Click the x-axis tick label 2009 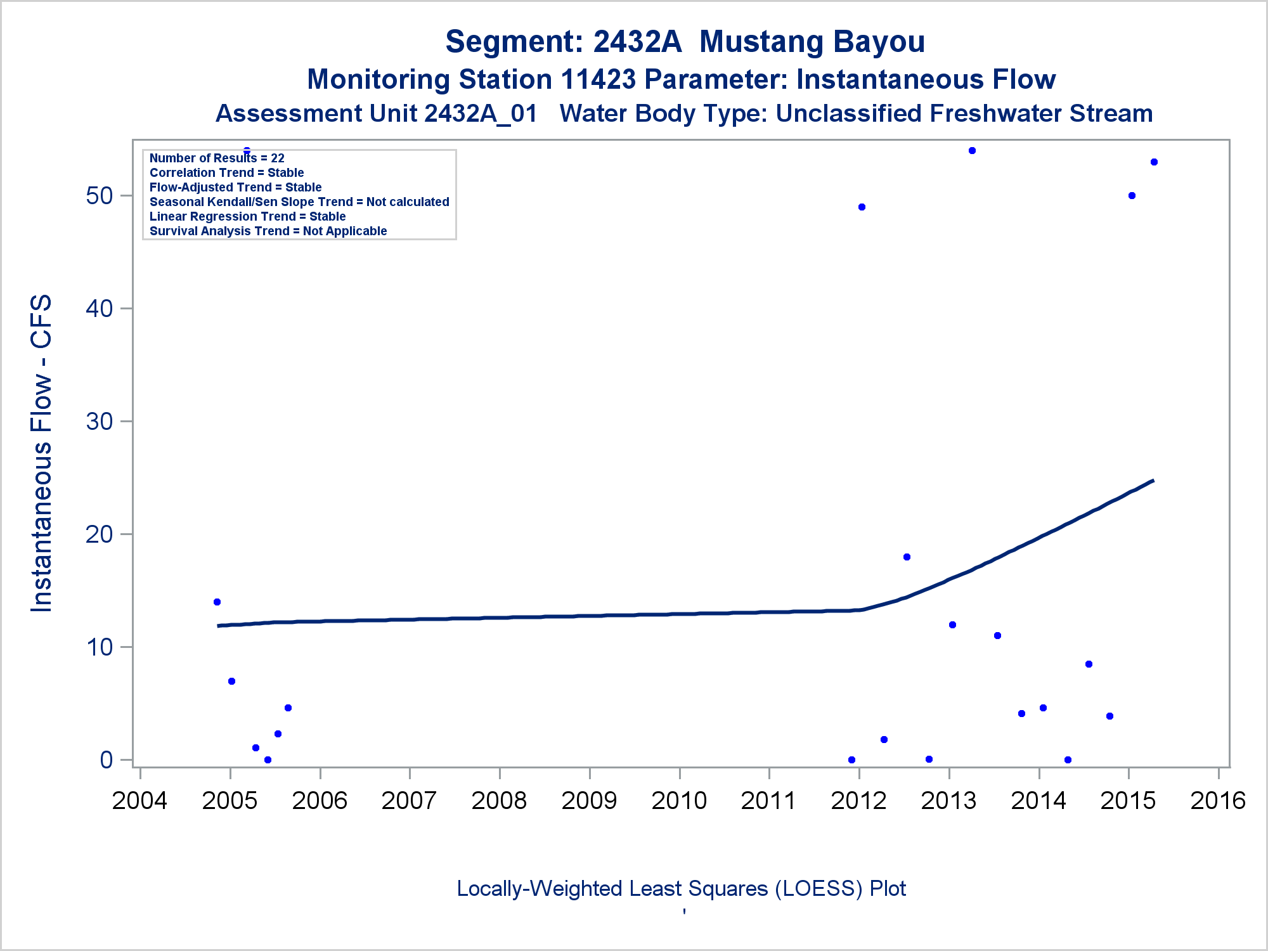589,801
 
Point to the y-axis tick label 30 100,421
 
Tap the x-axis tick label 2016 1218,801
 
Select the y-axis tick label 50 100,195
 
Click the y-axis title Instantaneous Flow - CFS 42,453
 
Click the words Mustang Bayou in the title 812,42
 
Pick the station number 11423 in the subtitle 598,80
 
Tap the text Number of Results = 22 217,158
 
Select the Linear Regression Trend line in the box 247,216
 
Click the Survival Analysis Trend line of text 268,231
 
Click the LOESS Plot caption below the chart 681,888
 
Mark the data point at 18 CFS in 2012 907,557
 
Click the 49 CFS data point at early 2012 862,207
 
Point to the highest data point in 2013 972,150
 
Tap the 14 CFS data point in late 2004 217,602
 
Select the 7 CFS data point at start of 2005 231,681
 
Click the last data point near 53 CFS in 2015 1154,162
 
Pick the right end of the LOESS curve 1152,481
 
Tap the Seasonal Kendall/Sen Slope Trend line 299,202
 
